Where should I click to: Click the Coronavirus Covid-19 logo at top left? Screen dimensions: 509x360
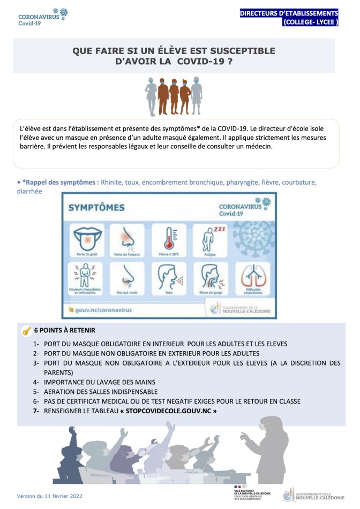(x=43, y=17)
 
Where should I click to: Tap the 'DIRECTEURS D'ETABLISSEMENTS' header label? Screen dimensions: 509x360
(x=289, y=13)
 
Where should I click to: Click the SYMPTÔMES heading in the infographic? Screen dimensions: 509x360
(x=96, y=208)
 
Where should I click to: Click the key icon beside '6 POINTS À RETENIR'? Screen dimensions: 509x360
(x=26, y=331)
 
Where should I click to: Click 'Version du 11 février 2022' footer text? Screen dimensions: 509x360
(x=49, y=496)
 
